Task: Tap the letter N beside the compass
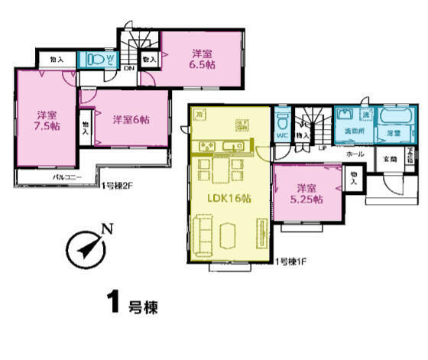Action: tap(108, 229)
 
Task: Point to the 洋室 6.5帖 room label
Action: tap(203, 59)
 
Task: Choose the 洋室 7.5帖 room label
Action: tap(45, 120)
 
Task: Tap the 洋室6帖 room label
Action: tap(131, 120)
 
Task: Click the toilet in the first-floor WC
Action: tap(280, 122)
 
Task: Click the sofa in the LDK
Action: tap(204, 232)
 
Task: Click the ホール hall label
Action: tap(355, 154)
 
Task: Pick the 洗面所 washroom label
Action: tap(352, 132)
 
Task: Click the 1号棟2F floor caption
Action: tap(118, 184)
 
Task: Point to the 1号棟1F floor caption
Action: tap(291, 264)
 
